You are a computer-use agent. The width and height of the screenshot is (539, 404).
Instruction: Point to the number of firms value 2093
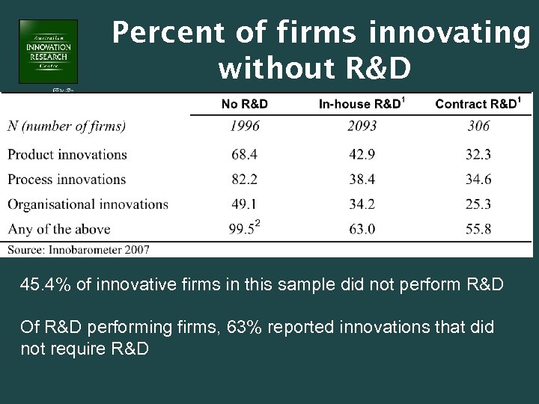click(362, 126)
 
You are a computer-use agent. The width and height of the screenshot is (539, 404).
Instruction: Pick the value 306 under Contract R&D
click(478, 126)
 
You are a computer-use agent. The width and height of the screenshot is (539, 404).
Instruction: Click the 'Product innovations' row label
click(67, 155)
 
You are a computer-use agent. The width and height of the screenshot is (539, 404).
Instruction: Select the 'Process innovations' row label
click(67, 180)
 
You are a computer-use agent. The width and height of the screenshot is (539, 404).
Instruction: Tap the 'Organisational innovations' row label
click(88, 204)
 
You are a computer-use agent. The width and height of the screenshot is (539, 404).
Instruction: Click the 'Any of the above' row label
click(59, 229)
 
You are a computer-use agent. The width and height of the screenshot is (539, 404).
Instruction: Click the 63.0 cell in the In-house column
click(362, 229)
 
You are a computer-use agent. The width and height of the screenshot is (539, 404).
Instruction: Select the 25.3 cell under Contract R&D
click(478, 204)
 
